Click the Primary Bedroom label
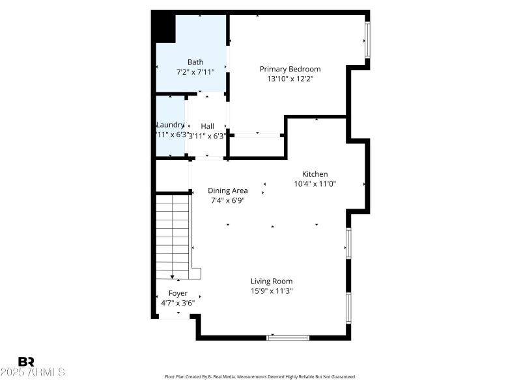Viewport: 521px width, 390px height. pos(290,69)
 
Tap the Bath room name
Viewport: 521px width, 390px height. pos(195,62)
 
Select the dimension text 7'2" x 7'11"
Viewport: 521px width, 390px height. pos(195,73)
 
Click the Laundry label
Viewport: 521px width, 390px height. pos(170,125)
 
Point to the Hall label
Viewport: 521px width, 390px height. pos(207,126)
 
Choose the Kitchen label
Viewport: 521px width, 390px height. pos(315,174)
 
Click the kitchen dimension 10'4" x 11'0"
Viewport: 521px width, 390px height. pos(315,184)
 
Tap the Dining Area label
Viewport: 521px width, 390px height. pos(227,190)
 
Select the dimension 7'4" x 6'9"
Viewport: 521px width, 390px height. pos(227,200)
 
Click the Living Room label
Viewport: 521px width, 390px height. pos(272,281)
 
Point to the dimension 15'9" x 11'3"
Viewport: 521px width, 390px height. pos(272,291)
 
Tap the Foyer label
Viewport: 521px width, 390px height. pos(178,293)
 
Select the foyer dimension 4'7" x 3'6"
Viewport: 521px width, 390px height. pos(178,303)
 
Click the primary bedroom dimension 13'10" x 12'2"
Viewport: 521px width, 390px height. pos(290,79)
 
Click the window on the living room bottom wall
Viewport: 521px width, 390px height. pos(288,337)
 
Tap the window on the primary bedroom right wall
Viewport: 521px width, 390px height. pos(367,39)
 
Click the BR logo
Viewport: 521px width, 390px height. pos(26,361)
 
